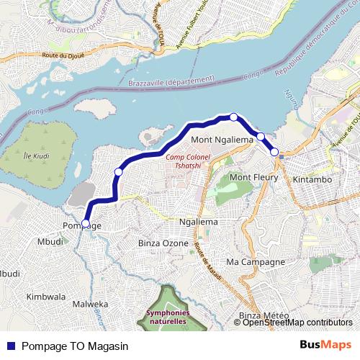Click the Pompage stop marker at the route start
(x=86, y=224)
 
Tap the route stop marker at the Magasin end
(x=274, y=151)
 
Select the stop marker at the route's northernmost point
(x=233, y=117)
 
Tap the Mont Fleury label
(x=248, y=176)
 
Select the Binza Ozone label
(x=163, y=243)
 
